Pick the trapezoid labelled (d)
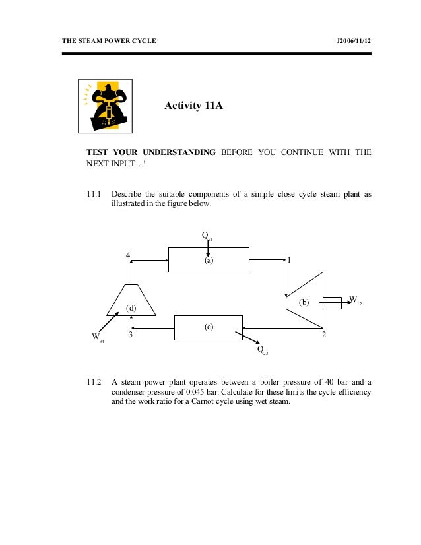pos(131,303)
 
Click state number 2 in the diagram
pos(323,335)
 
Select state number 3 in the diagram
pos(131,335)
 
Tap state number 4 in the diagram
pos(128,255)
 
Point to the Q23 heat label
pos(262,350)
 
